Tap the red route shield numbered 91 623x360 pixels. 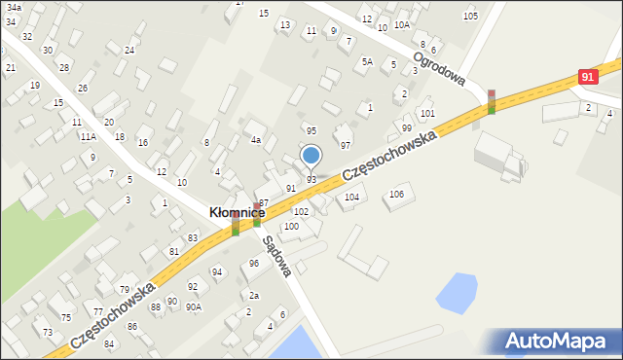click(586, 76)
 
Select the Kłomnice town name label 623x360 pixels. click(238, 211)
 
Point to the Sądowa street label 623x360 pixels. click(275, 257)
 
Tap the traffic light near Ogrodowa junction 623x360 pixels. click(492, 101)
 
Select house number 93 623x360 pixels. click(311, 180)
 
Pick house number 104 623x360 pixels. click(351, 197)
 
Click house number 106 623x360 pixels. click(396, 194)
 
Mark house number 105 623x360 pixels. click(470, 16)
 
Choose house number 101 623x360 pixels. click(427, 114)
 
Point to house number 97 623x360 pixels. click(345, 144)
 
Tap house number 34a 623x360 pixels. click(14, 7)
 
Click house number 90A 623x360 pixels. click(194, 306)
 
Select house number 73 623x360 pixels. click(48, 332)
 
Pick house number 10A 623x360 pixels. click(401, 25)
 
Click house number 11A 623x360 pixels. click(88, 137)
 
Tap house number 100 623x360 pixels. click(291, 226)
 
